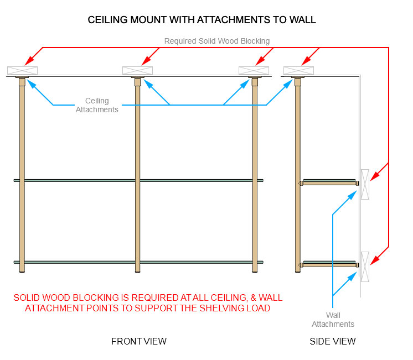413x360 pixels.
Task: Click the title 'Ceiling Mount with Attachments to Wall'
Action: tap(202, 20)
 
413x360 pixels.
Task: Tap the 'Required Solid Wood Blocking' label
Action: tap(217, 41)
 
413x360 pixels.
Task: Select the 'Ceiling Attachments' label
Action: tap(97, 105)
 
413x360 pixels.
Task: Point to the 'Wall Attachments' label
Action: tap(333, 320)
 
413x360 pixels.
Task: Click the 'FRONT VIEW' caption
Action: tap(139, 341)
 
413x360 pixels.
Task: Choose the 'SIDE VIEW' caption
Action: tap(333, 341)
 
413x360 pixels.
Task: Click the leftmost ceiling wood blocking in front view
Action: tap(22, 70)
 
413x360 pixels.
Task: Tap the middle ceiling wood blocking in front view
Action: tap(137, 70)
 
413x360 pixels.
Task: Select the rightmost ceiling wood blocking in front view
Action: tap(254, 70)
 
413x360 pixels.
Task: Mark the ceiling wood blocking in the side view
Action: tap(298, 70)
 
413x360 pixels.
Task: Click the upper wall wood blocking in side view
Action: tap(365, 184)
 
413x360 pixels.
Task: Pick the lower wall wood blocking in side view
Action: tap(365, 266)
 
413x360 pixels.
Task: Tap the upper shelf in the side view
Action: tap(329, 181)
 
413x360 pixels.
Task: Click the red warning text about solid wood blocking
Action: tap(148, 302)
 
